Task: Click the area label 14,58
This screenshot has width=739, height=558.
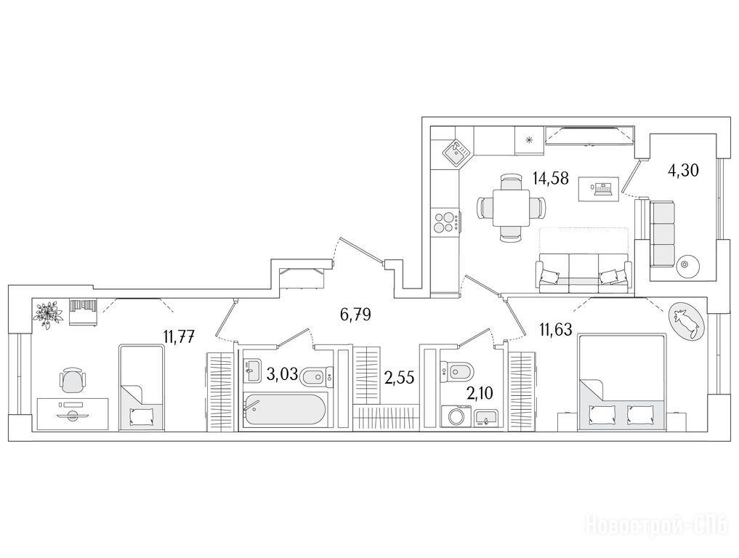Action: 551,179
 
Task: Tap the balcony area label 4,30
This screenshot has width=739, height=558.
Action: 683,170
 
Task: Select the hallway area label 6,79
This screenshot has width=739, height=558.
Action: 355,315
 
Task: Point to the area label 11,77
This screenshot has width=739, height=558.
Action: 179,336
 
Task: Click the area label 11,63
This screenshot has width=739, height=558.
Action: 556,329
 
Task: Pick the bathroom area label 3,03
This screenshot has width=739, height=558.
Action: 283,374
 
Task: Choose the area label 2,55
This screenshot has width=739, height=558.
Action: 399,378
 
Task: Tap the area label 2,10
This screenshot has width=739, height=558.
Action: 480,392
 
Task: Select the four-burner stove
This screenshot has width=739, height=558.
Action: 446,222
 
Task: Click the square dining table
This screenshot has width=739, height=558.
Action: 512,207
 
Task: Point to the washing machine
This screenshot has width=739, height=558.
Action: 456,416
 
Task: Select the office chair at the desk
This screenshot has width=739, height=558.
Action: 74,380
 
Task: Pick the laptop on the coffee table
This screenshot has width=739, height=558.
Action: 601,188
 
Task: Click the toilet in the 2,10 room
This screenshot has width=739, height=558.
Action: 459,372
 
